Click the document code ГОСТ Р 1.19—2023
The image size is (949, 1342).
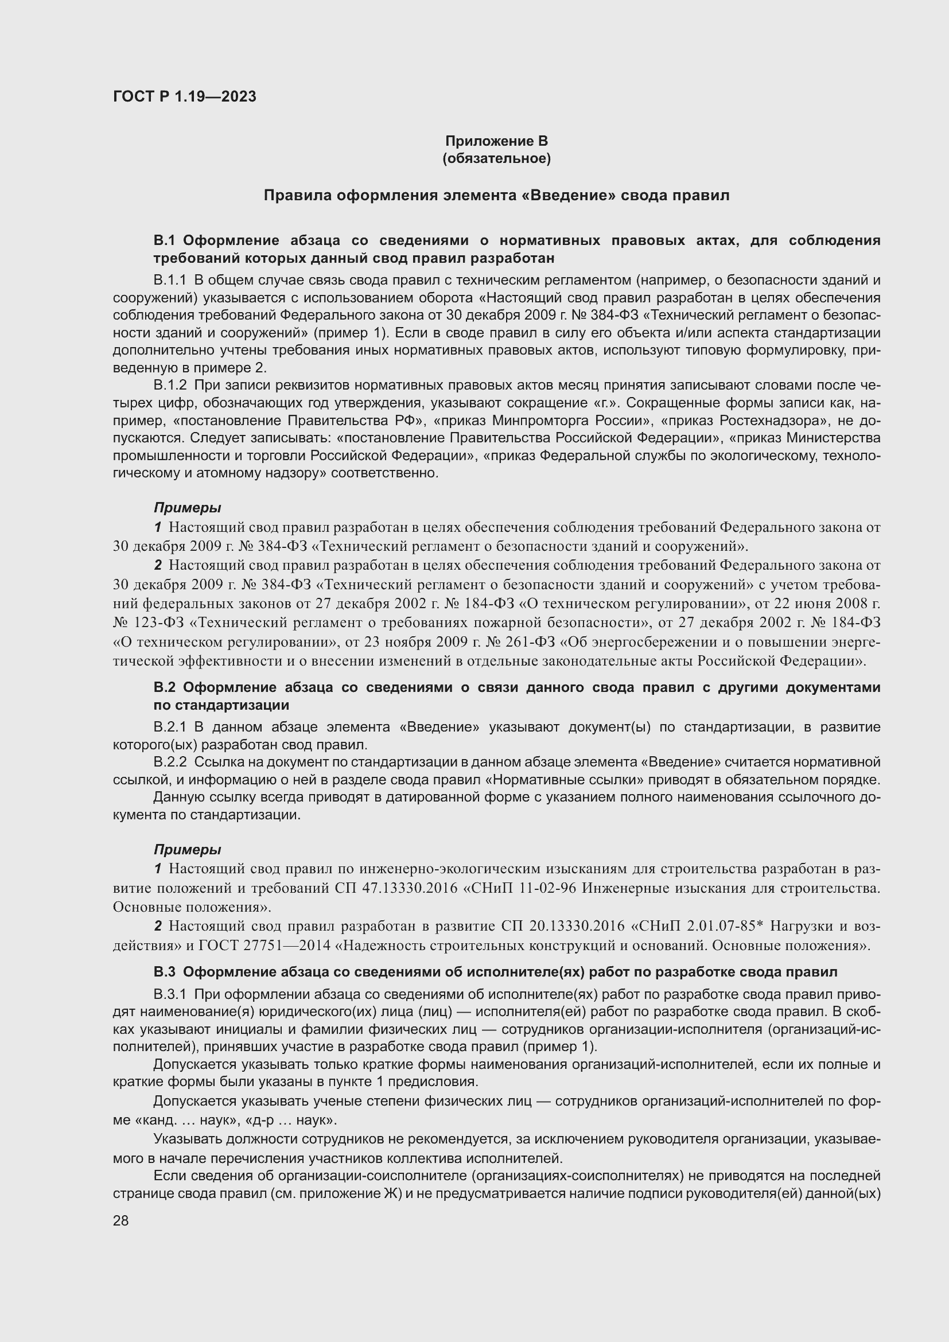click(x=185, y=96)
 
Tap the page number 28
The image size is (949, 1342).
click(x=120, y=1220)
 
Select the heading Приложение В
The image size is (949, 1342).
click(x=496, y=141)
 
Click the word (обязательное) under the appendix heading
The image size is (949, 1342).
click(x=496, y=158)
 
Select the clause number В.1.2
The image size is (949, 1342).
click(x=169, y=385)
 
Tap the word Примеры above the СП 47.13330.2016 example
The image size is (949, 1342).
click(x=187, y=849)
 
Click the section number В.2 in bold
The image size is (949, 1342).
click(x=165, y=687)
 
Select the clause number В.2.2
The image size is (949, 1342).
click(x=169, y=762)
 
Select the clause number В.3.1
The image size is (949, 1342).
click(x=169, y=994)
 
